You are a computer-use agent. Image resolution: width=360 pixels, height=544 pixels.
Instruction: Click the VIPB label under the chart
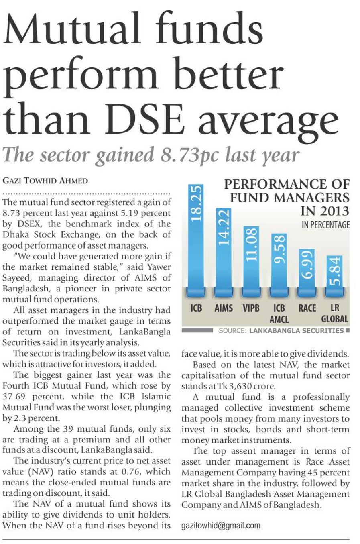[251, 308]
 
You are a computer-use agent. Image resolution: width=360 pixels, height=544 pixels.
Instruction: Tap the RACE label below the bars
[307, 308]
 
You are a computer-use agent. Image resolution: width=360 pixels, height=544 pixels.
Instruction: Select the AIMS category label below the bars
[224, 308]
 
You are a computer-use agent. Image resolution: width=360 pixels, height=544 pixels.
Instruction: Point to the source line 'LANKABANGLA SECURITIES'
[296, 331]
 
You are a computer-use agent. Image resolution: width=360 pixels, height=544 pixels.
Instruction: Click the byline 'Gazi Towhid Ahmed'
[45, 181]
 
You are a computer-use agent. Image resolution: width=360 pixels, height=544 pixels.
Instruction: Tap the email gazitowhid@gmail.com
[221, 525]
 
